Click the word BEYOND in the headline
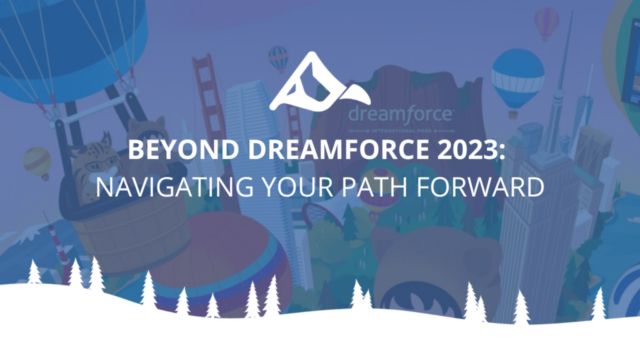click(x=184, y=149)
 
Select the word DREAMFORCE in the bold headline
click(x=338, y=149)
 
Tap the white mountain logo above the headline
click(x=320, y=81)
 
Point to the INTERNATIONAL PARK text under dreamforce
click(x=401, y=131)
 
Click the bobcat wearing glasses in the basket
click(x=95, y=167)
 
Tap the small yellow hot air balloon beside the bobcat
click(x=37, y=163)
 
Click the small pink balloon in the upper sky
click(x=546, y=23)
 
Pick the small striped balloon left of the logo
click(x=278, y=59)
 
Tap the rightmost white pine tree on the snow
click(x=598, y=304)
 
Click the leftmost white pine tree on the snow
click(x=34, y=272)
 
